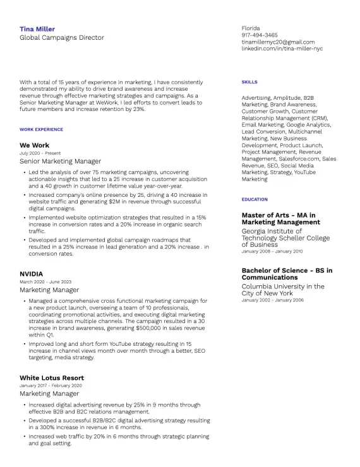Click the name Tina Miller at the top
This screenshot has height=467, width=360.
point(37,29)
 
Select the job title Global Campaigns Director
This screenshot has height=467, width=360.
point(62,38)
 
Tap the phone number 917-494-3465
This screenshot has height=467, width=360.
point(260,35)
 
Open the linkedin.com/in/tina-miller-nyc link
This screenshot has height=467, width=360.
point(282,49)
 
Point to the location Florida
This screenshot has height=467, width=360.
point(251,28)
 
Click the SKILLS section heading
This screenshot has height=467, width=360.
point(249,82)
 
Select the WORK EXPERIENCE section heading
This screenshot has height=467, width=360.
point(42,129)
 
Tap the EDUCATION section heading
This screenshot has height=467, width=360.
point(255,199)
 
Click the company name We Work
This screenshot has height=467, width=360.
point(34,145)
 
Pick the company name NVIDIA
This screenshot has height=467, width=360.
point(31,274)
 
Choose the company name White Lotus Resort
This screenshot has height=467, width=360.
point(52,378)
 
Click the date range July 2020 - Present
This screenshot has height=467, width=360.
point(40,153)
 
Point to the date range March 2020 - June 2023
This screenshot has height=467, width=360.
point(45,282)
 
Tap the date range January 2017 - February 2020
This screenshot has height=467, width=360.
point(51,386)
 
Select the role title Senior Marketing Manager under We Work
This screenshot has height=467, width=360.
point(60,162)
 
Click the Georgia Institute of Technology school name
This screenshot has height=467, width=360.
point(285,238)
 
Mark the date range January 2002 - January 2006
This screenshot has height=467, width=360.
point(272,300)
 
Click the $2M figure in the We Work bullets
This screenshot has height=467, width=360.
point(103,201)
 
